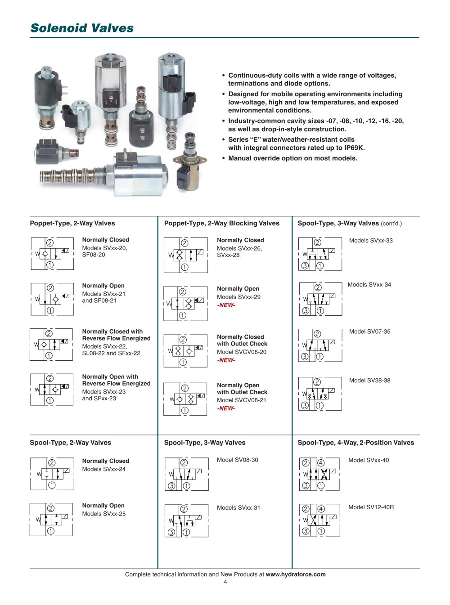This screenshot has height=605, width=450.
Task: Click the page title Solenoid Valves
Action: pyautogui.click(x=82, y=28)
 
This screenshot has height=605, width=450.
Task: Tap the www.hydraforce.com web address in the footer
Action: pyautogui.click(x=296, y=574)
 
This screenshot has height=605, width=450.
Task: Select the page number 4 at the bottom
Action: pyautogui.click(x=225, y=582)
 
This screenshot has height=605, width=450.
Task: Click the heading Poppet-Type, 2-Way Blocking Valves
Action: pyautogui.click(x=221, y=223)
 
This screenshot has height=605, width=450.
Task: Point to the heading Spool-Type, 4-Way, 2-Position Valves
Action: pyautogui.click(x=355, y=443)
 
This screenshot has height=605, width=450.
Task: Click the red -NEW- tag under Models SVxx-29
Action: pyautogui.click(x=226, y=305)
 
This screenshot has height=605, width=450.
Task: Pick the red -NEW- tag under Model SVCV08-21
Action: pyautogui.click(x=226, y=409)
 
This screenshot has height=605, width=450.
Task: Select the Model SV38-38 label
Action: pyautogui.click(x=369, y=381)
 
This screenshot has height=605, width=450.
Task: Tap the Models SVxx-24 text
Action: pyautogui.click(x=103, y=469)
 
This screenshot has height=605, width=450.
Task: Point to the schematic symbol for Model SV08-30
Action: pyautogui.click(x=186, y=474)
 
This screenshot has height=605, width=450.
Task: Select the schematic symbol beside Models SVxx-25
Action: pyautogui.click(x=51, y=520)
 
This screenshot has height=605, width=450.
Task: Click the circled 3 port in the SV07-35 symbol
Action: pyautogui.click(x=305, y=357)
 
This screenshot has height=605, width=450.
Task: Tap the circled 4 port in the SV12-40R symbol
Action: pyautogui.click(x=321, y=509)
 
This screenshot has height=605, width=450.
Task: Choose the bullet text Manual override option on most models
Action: pyautogui.click(x=292, y=158)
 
